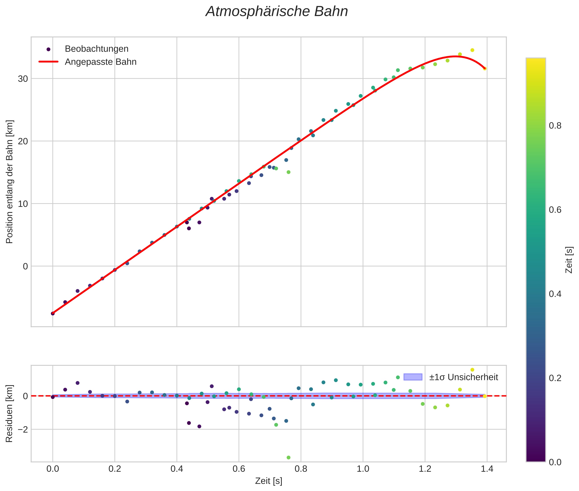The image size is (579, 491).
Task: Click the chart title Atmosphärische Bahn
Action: pyautogui.click(x=277, y=12)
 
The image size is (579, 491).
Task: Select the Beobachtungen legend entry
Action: pyautogui.click(x=96, y=49)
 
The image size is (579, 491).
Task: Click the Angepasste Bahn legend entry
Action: pyautogui.click(x=101, y=62)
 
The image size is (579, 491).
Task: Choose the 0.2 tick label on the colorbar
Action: pyautogui.click(x=555, y=378)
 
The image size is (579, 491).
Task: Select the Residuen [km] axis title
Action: pyautogui.click(x=9, y=414)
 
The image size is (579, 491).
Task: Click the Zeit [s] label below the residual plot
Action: pyautogui.click(x=269, y=481)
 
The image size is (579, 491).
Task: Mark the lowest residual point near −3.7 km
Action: pyautogui.click(x=289, y=458)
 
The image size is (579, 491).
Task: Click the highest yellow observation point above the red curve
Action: pyautogui.click(x=472, y=50)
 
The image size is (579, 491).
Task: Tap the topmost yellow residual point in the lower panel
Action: pyautogui.click(x=472, y=370)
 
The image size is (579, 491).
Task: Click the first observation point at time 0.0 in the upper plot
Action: pyautogui.click(x=53, y=313)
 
